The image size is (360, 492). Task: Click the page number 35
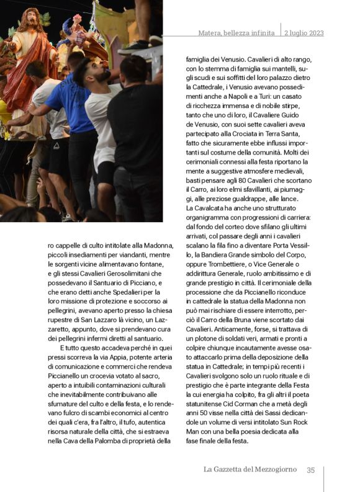click(311, 470)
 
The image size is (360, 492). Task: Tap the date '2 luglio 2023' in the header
click(304, 33)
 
